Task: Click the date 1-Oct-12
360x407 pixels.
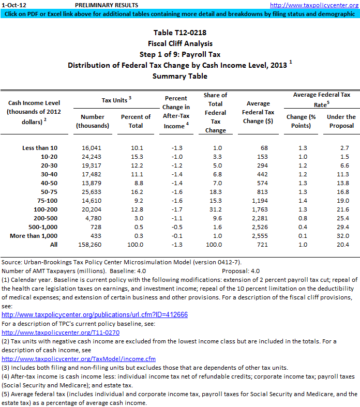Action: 11,5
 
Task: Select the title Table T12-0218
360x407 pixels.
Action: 179,33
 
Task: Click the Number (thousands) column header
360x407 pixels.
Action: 93,121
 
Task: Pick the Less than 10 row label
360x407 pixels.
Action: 40,148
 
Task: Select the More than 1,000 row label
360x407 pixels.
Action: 34,236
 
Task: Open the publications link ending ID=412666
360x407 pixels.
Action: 95,314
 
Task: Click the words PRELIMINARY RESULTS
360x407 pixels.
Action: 107,5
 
